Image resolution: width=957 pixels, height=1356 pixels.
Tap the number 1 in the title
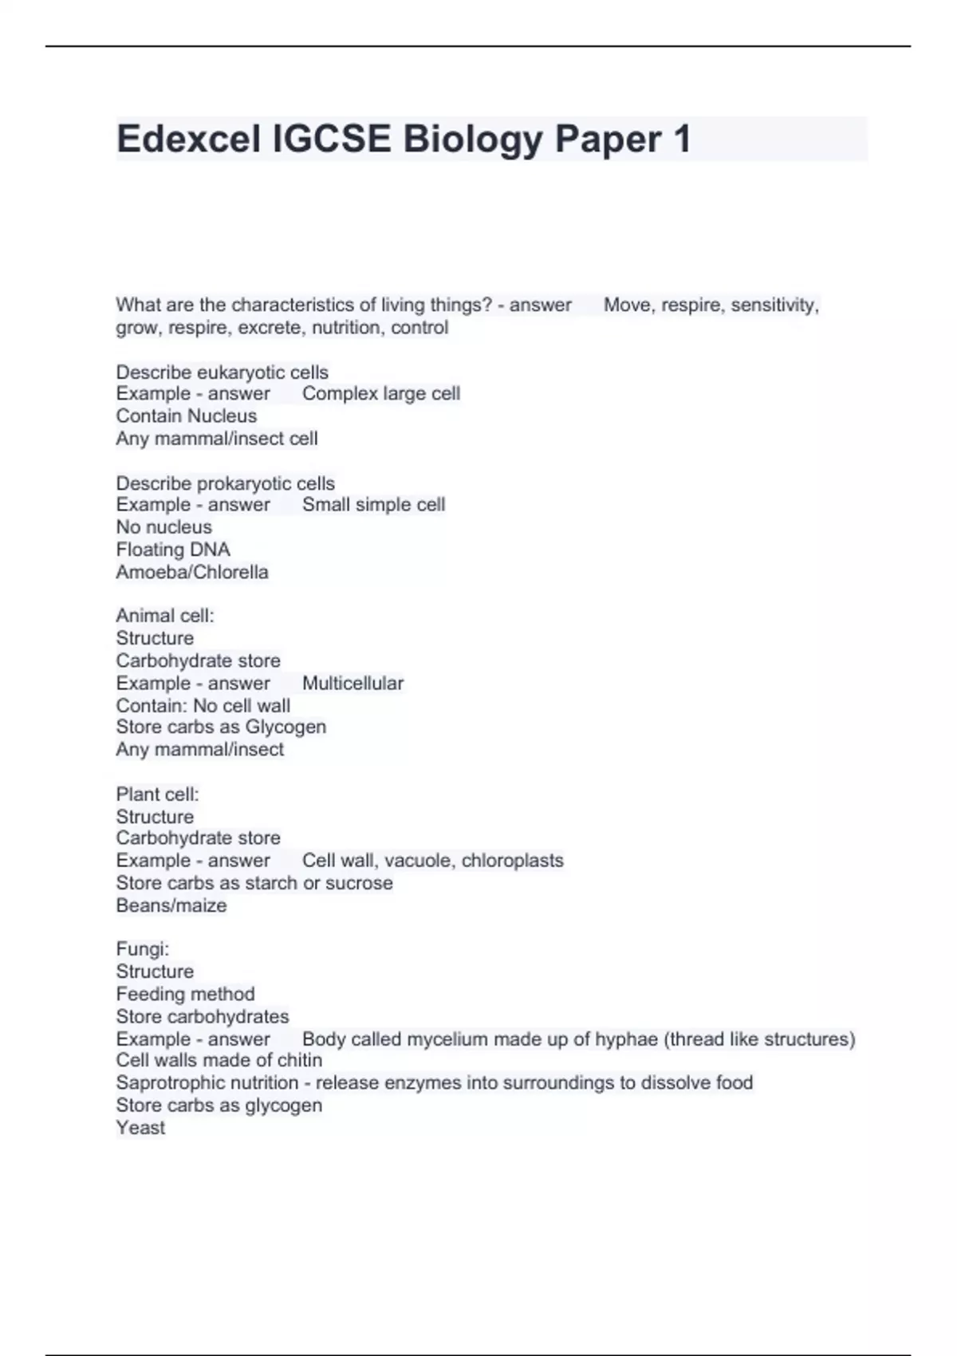pyautogui.click(x=681, y=140)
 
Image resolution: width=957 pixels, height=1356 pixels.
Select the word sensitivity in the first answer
pyautogui.click(x=774, y=305)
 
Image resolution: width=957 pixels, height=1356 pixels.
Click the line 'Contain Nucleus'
pyautogui.click(x=187, y=416)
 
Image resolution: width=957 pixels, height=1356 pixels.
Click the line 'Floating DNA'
pyautogui.click(x=173, y=550)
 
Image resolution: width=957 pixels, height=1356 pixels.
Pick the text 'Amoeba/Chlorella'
pyautogui.click(x=192, y=572)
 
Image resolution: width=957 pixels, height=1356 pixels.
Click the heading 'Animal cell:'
pyautogui.click(x=165, y=616)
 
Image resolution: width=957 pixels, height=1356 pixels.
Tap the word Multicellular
pyautogui.click(x=352, y=684)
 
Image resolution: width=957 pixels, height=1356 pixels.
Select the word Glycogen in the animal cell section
pyautogui.click(x=286, y=727)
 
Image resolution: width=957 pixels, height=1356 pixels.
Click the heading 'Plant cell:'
pyautogui.click(x=157, y=794)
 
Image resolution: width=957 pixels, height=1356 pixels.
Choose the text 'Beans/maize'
pyautogui.click(x=171, y=906)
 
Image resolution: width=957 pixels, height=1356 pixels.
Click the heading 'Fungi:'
pyautogui.click(x=143, y=949)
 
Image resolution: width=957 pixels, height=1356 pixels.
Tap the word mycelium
pyautogui.click(x=447, y=1039)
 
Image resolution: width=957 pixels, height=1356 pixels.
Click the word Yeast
pyautogui.click(x=140, y=1128)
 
